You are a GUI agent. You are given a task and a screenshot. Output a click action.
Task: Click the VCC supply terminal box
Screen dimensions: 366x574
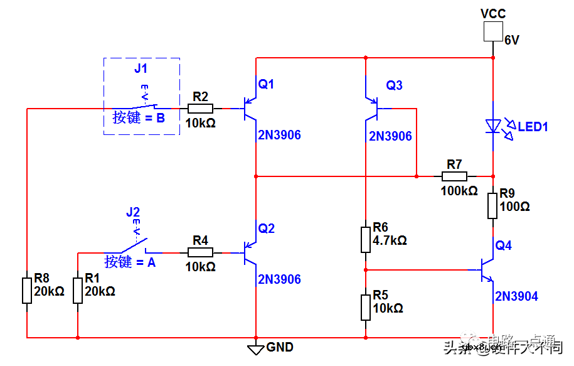(x=493, y=31)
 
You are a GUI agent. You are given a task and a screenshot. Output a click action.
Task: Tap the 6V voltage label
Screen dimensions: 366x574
(x=513, y=40)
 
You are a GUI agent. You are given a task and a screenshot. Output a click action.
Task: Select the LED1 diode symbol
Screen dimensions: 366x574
(x=494, y=126)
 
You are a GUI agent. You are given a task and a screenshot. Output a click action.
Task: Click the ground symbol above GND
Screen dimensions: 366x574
(x=255, y=348)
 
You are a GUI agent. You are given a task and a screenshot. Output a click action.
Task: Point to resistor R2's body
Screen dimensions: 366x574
(x=200, y=108)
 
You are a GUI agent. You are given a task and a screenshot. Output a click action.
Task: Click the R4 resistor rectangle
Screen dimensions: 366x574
(x=200, y=252)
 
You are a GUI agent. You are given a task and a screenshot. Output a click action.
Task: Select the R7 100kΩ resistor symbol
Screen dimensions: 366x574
(x=454, y=176)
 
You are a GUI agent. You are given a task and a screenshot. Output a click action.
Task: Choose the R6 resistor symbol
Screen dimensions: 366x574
(x=366, y=239)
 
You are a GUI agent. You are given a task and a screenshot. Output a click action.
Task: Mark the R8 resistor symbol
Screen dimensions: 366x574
(x=27, y=291)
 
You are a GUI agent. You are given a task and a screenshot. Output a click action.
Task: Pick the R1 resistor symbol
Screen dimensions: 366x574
(x=77, y=291)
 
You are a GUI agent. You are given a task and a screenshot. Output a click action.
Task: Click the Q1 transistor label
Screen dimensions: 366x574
(x=267, y=84)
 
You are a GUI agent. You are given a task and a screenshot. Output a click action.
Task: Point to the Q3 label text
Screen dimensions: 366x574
(x=394, y=85)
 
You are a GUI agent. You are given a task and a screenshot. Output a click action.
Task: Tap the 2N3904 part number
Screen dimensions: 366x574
(x=516, y=296)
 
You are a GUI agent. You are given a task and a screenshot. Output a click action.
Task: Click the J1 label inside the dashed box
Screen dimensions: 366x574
(x=142, y=68)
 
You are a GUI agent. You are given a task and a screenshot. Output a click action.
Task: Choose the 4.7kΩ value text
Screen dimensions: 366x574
(x=390, y=240)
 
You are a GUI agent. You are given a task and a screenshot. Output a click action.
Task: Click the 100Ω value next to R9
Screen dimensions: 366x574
(x=515, y=206)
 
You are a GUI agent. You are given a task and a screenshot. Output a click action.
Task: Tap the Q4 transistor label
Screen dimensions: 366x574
(x=503, y=245)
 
